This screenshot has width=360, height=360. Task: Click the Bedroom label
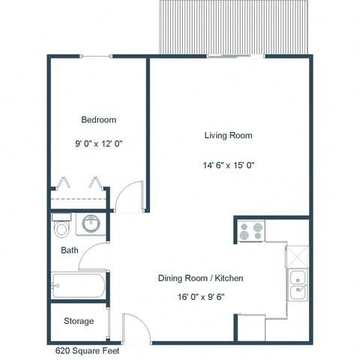pos(97,119)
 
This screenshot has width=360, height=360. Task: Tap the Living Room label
pos(228,136)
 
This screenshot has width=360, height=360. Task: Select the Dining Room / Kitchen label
pos(201,278)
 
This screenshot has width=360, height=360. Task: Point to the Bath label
pos(70,250)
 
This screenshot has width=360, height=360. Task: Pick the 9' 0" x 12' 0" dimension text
pos(97,142)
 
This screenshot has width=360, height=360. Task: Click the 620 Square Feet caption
pos(87,350)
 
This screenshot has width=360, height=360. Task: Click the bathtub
pos(77,286)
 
